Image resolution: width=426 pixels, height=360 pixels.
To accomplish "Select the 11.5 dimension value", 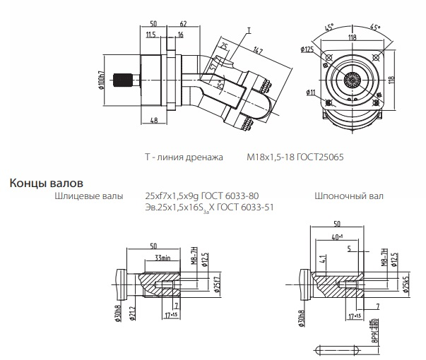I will [150, 35].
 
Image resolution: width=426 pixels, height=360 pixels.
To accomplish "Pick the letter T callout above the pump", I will [249, 32].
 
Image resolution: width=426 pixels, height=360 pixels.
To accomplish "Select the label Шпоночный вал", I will [349, 196].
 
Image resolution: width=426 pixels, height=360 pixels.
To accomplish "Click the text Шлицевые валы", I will [88, 196].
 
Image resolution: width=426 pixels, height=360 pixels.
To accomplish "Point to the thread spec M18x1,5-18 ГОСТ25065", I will [295, 158].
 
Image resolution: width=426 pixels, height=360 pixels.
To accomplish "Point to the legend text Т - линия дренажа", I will [184, 158].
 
